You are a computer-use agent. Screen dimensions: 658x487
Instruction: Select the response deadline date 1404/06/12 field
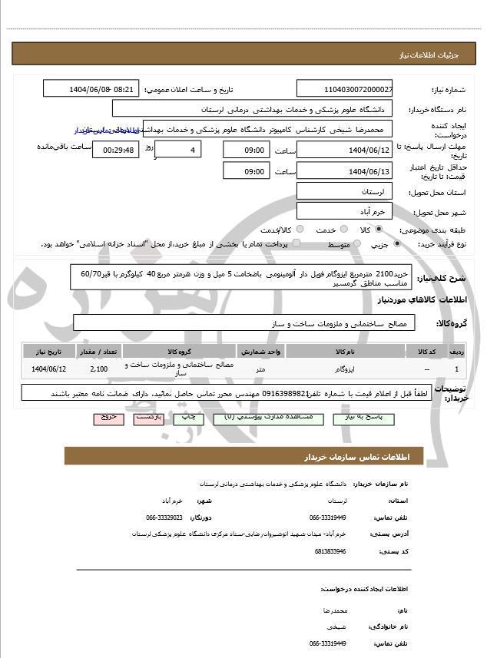click(345, 149)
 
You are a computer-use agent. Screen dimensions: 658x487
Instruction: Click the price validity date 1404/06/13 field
click(345, 170)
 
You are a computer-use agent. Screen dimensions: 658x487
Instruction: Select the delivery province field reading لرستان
click(345, 190)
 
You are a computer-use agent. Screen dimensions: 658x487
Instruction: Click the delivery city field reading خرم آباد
click(345, 210)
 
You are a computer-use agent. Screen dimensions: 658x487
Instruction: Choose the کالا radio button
click(387, 230)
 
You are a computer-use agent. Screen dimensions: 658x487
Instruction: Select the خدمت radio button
click(343, 230)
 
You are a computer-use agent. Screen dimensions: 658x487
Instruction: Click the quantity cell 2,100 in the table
click(98, 369)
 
